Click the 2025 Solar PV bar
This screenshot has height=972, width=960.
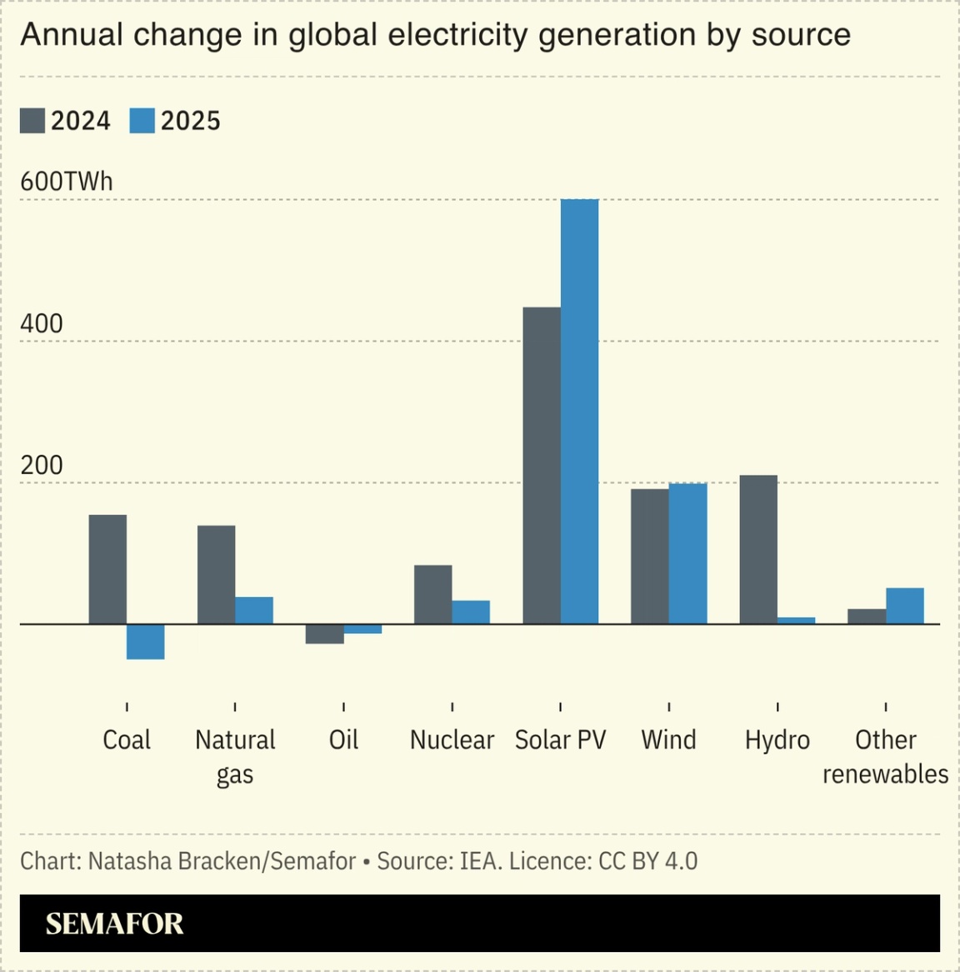pyautogui.click(x=579, y=411)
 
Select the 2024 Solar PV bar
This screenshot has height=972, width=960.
pyautogui.click(x=542, y=466)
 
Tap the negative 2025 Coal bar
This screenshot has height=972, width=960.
pyautogui.click(x=146, y=641)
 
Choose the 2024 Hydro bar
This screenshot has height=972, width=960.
pyautogui.click(x=758, y=550)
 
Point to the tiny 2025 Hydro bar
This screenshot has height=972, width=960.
pyautogui.click(x=797, y=621)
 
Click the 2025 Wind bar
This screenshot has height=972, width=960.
pyautogui.click(x=687, y=553)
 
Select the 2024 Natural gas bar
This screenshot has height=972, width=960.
pyautogui.click(x=216, y=575)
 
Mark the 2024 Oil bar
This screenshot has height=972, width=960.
pyautogui.click(x=324, y=634)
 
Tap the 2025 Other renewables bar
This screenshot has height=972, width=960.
pyautogui.click(x=905, y=606)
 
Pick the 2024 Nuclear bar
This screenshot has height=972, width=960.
pyautogui.click(x=432, y=595)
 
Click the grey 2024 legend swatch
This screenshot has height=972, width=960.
pyautogui.click(x=32, y=121)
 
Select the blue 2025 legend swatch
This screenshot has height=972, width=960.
pyautogui.click(x=142, y=121)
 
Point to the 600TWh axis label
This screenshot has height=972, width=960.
pyautogui.click(x=67, y=182)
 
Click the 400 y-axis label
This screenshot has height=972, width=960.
pyautogui.click(x=42, y=323)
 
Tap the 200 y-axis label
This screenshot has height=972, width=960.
pyautogui.click(x=42, y=465)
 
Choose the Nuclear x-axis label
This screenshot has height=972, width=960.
pyautogui.click(x=452, y=740)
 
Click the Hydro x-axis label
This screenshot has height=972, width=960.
pyautogui.click(x=777, y=740)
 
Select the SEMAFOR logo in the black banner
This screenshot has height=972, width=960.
pyautogui.click(x=114, y=924)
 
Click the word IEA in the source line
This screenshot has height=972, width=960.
pyautogui.click(x=480, y=860)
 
